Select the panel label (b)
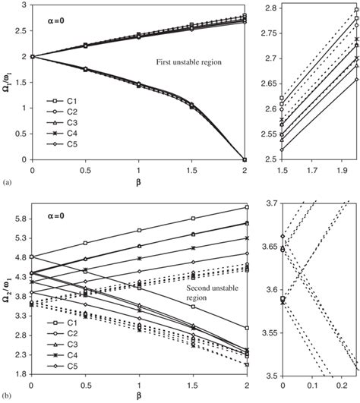pos(7,396)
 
